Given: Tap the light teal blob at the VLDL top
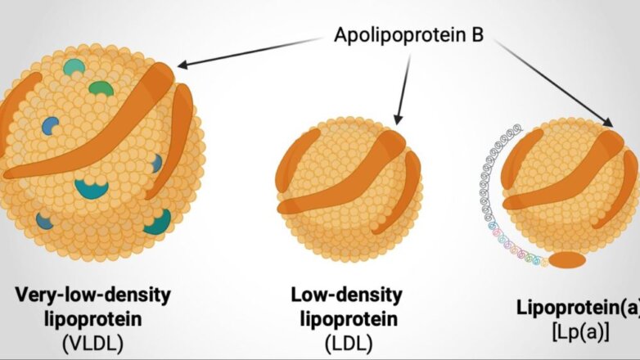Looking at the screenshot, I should pos(74,67).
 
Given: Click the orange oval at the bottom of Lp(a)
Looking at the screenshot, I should pos(566,261).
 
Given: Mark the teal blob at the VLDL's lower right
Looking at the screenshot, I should pos(157,221).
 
